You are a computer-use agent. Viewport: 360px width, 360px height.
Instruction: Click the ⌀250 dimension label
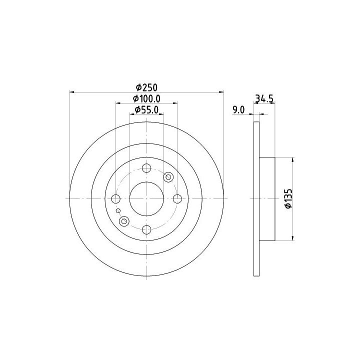pos(146,87)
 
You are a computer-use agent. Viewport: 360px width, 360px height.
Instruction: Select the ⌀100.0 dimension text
pos(146,99)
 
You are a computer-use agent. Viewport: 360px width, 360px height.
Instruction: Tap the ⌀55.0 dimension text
pos(146,110)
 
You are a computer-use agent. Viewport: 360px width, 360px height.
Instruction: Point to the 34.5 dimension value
pos(264,98)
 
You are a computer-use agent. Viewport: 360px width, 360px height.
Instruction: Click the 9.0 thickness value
pos(239,110)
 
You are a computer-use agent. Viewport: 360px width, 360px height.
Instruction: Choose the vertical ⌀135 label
pos(288,198)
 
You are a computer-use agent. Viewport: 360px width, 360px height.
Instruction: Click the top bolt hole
pos(146,168)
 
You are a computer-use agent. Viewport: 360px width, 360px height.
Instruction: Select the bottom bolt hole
pos(146,229)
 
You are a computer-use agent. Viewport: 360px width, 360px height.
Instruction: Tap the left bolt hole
pos(115,199)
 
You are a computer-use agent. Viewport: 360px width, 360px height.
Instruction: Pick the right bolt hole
pos(177,199)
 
